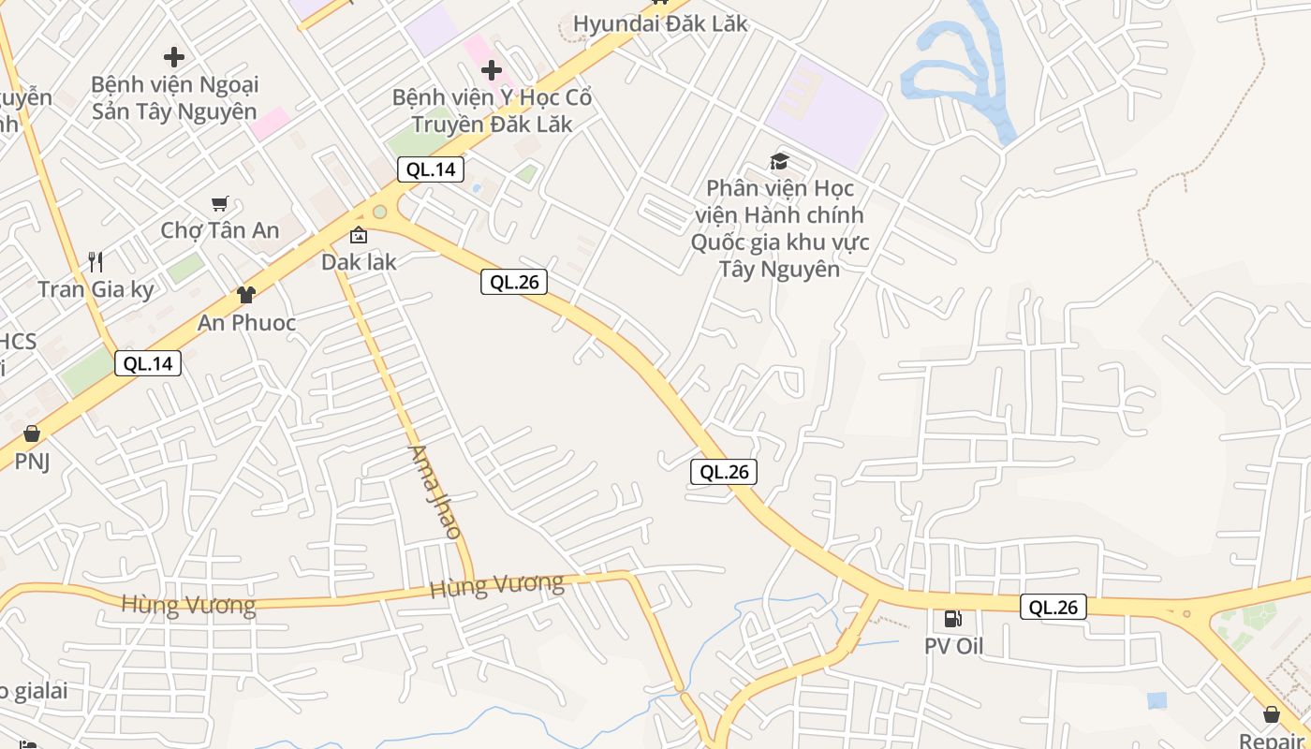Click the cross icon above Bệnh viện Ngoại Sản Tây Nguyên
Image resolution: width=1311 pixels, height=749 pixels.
[x=173, y=57]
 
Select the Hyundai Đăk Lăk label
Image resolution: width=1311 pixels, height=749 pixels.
[x=660, y=23]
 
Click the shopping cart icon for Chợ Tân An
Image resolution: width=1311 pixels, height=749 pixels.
[x=220, y=203]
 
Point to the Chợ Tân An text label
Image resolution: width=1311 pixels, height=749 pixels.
[x=220, y=230]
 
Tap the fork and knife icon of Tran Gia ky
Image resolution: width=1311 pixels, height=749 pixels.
[x=95, y=261]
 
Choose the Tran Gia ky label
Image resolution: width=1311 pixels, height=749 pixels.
[x=96, y=289]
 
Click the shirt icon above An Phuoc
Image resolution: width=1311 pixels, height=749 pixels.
[x=246, y=295]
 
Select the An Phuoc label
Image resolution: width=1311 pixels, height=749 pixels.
[x=246, y=323]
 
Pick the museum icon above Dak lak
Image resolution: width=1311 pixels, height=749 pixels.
[x=359, y=235]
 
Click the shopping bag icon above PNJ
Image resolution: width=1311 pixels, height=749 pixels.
[x=32, y=433]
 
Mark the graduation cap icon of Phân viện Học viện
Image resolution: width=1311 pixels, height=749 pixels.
[x=779, y=162]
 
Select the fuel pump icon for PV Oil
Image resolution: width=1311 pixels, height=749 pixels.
[x=952, y=619]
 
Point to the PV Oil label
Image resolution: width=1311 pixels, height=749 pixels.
[x=952, y=646]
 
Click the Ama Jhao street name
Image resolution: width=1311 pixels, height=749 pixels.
[x=435, y=492]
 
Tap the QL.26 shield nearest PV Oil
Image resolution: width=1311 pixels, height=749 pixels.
[x=1053, y=607]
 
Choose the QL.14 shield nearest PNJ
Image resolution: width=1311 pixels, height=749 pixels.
[x=148, y=363]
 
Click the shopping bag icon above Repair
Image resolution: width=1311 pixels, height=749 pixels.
[x=1272, y=714]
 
